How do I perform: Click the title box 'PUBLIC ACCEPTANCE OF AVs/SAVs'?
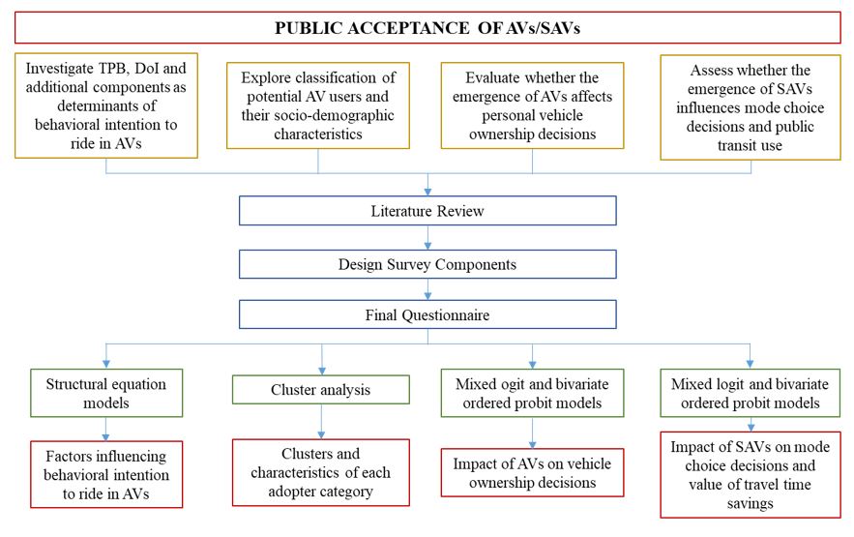coord(427,27)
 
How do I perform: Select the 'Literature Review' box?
coord(427,211)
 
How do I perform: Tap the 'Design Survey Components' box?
coord(427,263)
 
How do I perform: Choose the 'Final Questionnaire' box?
coord(427,314)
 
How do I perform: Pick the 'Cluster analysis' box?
coord(321,391)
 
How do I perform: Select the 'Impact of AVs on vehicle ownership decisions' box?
coord(534,472)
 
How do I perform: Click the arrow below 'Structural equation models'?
coord(106,428)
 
